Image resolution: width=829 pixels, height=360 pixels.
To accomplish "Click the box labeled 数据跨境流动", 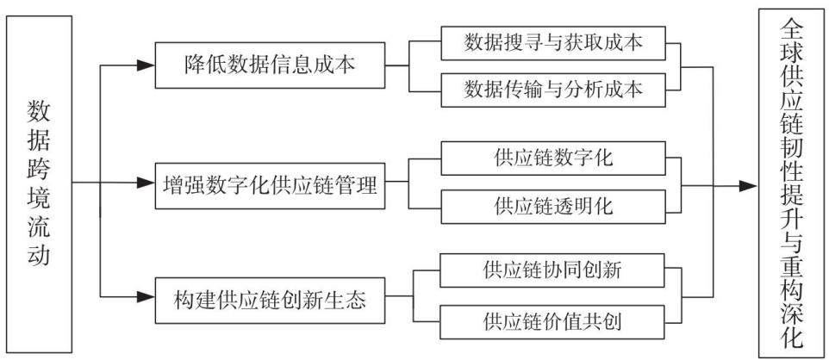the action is (40, 184).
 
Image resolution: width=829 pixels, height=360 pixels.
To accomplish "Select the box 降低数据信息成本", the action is (270, 65).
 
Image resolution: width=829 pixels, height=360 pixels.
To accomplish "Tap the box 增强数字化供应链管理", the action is (270, 185).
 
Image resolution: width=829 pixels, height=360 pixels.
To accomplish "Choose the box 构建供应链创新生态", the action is (270, 301).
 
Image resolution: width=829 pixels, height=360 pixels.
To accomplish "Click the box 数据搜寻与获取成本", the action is (553, 43).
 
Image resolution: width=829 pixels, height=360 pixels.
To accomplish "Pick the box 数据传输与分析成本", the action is (553, 90).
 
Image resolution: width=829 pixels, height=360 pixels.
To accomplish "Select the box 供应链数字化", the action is (553, 158).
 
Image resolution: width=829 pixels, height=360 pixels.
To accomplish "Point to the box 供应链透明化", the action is (553, 206).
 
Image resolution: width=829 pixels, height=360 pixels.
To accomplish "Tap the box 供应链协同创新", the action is (553, 270).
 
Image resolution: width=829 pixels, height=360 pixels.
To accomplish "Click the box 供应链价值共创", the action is (553, 322).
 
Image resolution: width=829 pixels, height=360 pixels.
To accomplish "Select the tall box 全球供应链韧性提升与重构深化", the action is (790, 183).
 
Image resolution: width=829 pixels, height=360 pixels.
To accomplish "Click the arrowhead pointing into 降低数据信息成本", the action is (146, 65).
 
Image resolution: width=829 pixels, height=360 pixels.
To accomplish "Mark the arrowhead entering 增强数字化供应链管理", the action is (146, 183).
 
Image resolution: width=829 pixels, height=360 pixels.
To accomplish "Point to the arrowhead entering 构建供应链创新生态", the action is (146, 297).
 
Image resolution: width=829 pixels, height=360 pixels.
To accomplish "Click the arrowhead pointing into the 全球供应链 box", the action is (749, 185).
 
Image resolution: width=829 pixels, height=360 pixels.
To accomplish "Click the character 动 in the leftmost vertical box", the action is (40, 254).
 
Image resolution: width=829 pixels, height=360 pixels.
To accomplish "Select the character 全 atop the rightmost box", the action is (791, 30).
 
